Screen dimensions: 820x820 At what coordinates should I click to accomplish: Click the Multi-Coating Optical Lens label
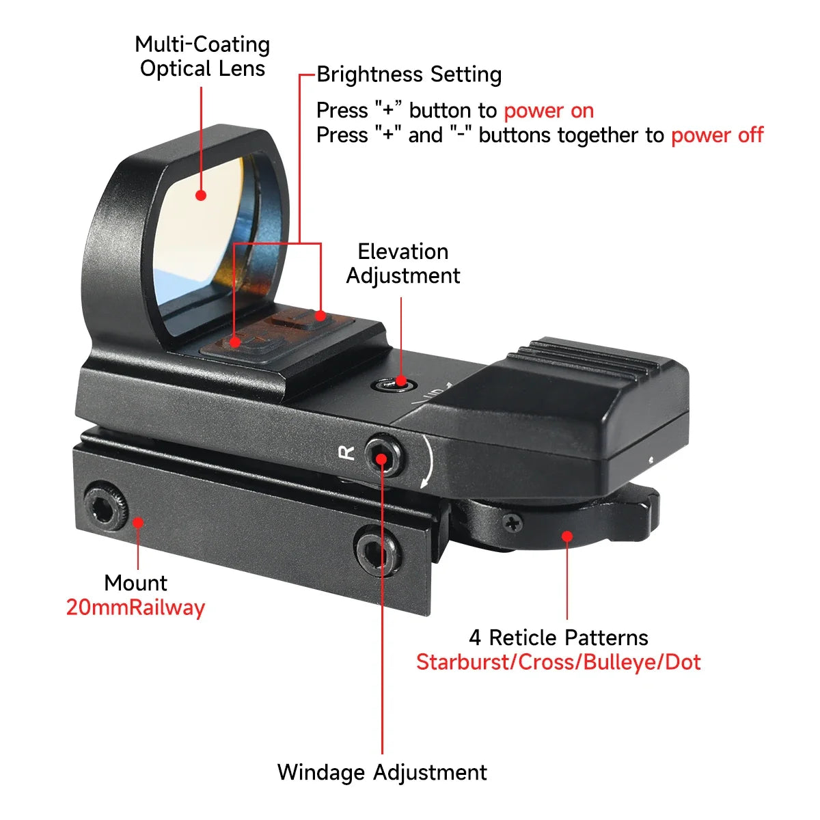pos(202,56)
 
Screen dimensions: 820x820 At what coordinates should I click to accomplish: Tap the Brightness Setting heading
pos(409,74)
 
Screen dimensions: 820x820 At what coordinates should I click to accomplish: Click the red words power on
pos(549,110)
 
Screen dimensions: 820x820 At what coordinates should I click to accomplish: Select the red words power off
pos(717,135)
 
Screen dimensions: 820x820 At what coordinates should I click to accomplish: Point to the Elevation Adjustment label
pos(402,263)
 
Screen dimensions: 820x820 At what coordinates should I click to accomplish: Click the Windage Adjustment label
pos(382,772)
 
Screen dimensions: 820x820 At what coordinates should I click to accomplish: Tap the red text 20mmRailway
pos(135,607)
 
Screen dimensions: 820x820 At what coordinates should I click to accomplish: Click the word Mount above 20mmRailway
pos(135,583)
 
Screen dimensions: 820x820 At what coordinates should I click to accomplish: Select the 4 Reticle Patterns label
pos(558,638)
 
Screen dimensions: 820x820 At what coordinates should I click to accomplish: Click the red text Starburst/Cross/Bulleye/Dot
pos(558,662)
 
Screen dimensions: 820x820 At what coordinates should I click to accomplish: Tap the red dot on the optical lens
pos(201,195)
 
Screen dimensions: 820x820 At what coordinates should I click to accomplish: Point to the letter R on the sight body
pos(347,452)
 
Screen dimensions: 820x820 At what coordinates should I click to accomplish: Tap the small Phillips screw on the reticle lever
pos(512,523)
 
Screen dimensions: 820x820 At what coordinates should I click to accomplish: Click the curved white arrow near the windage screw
pos(428,461)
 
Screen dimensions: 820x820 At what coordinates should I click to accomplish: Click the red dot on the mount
pos(138,522)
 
